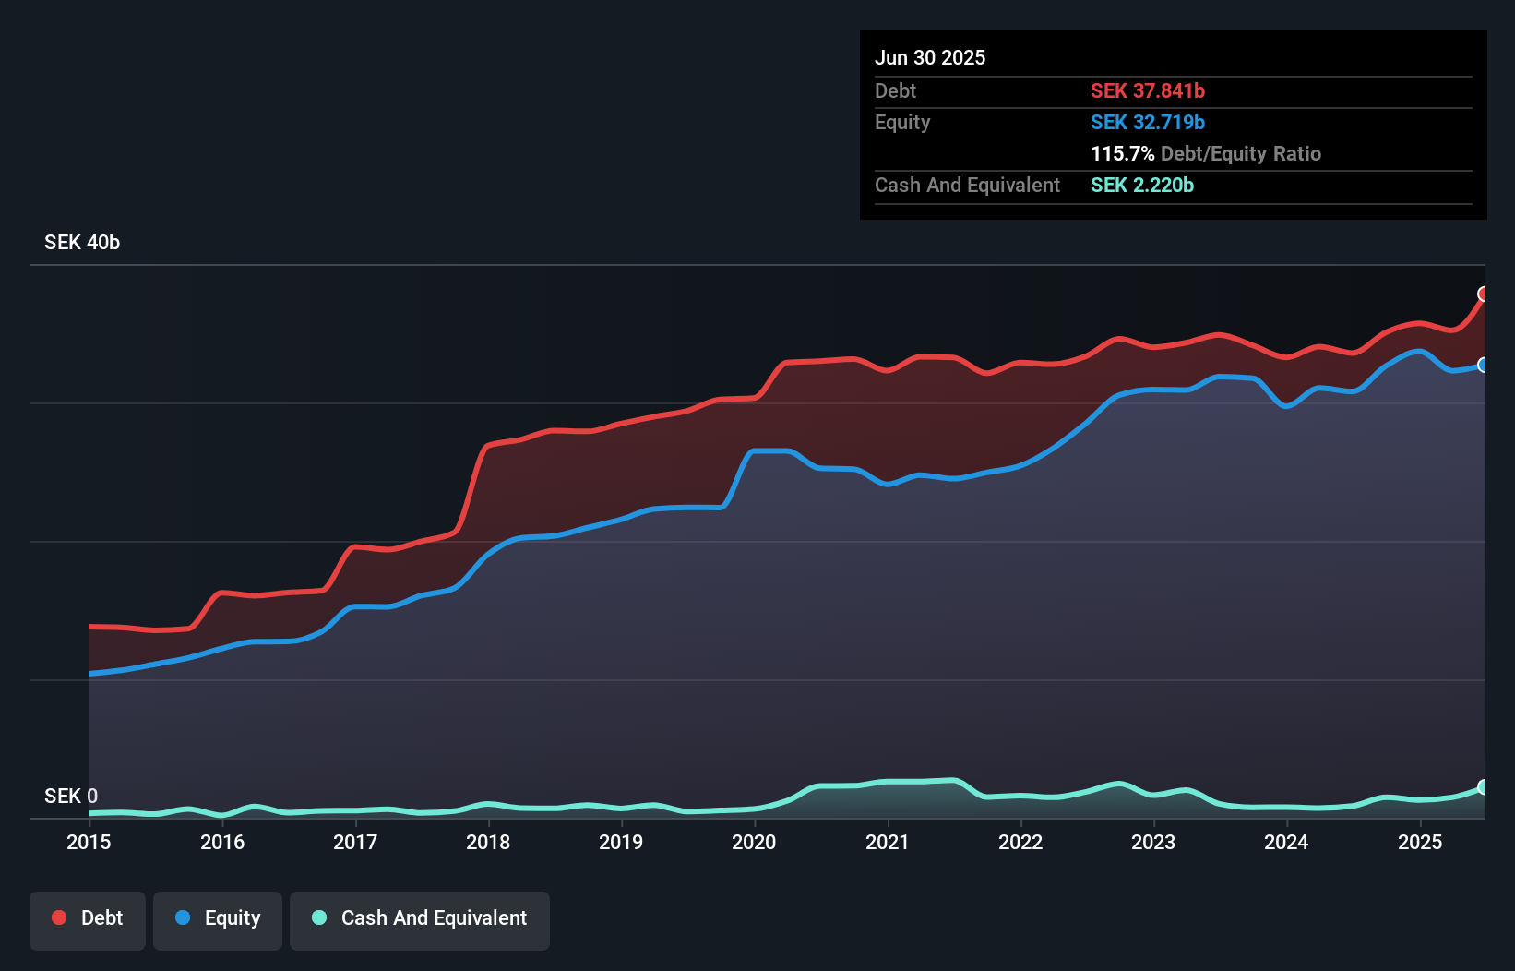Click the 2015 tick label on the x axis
(x=89, y=842)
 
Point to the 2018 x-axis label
(x=488, y=842)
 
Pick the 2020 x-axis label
(x=754, y=842)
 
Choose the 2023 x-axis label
(x=1153, y=842)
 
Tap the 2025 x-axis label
(x=1420, y=842)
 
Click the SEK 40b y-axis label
(x=82, y=243)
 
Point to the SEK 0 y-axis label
(x=71, y=796)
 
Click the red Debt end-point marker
(x=1484, y=294)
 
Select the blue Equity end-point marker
(x=1484, y=365)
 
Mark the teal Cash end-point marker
(x=1484, y=787)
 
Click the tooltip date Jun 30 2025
(x=930, y=58)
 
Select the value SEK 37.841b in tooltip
(x=1148, y=91)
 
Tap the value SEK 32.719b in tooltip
(x=1148, y=123)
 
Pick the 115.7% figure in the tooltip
(x=1122, y=154)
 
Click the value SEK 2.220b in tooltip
(x=1142, y=186)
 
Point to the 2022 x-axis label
(x=1020, y=842)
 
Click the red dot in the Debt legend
(x=59, y=917)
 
